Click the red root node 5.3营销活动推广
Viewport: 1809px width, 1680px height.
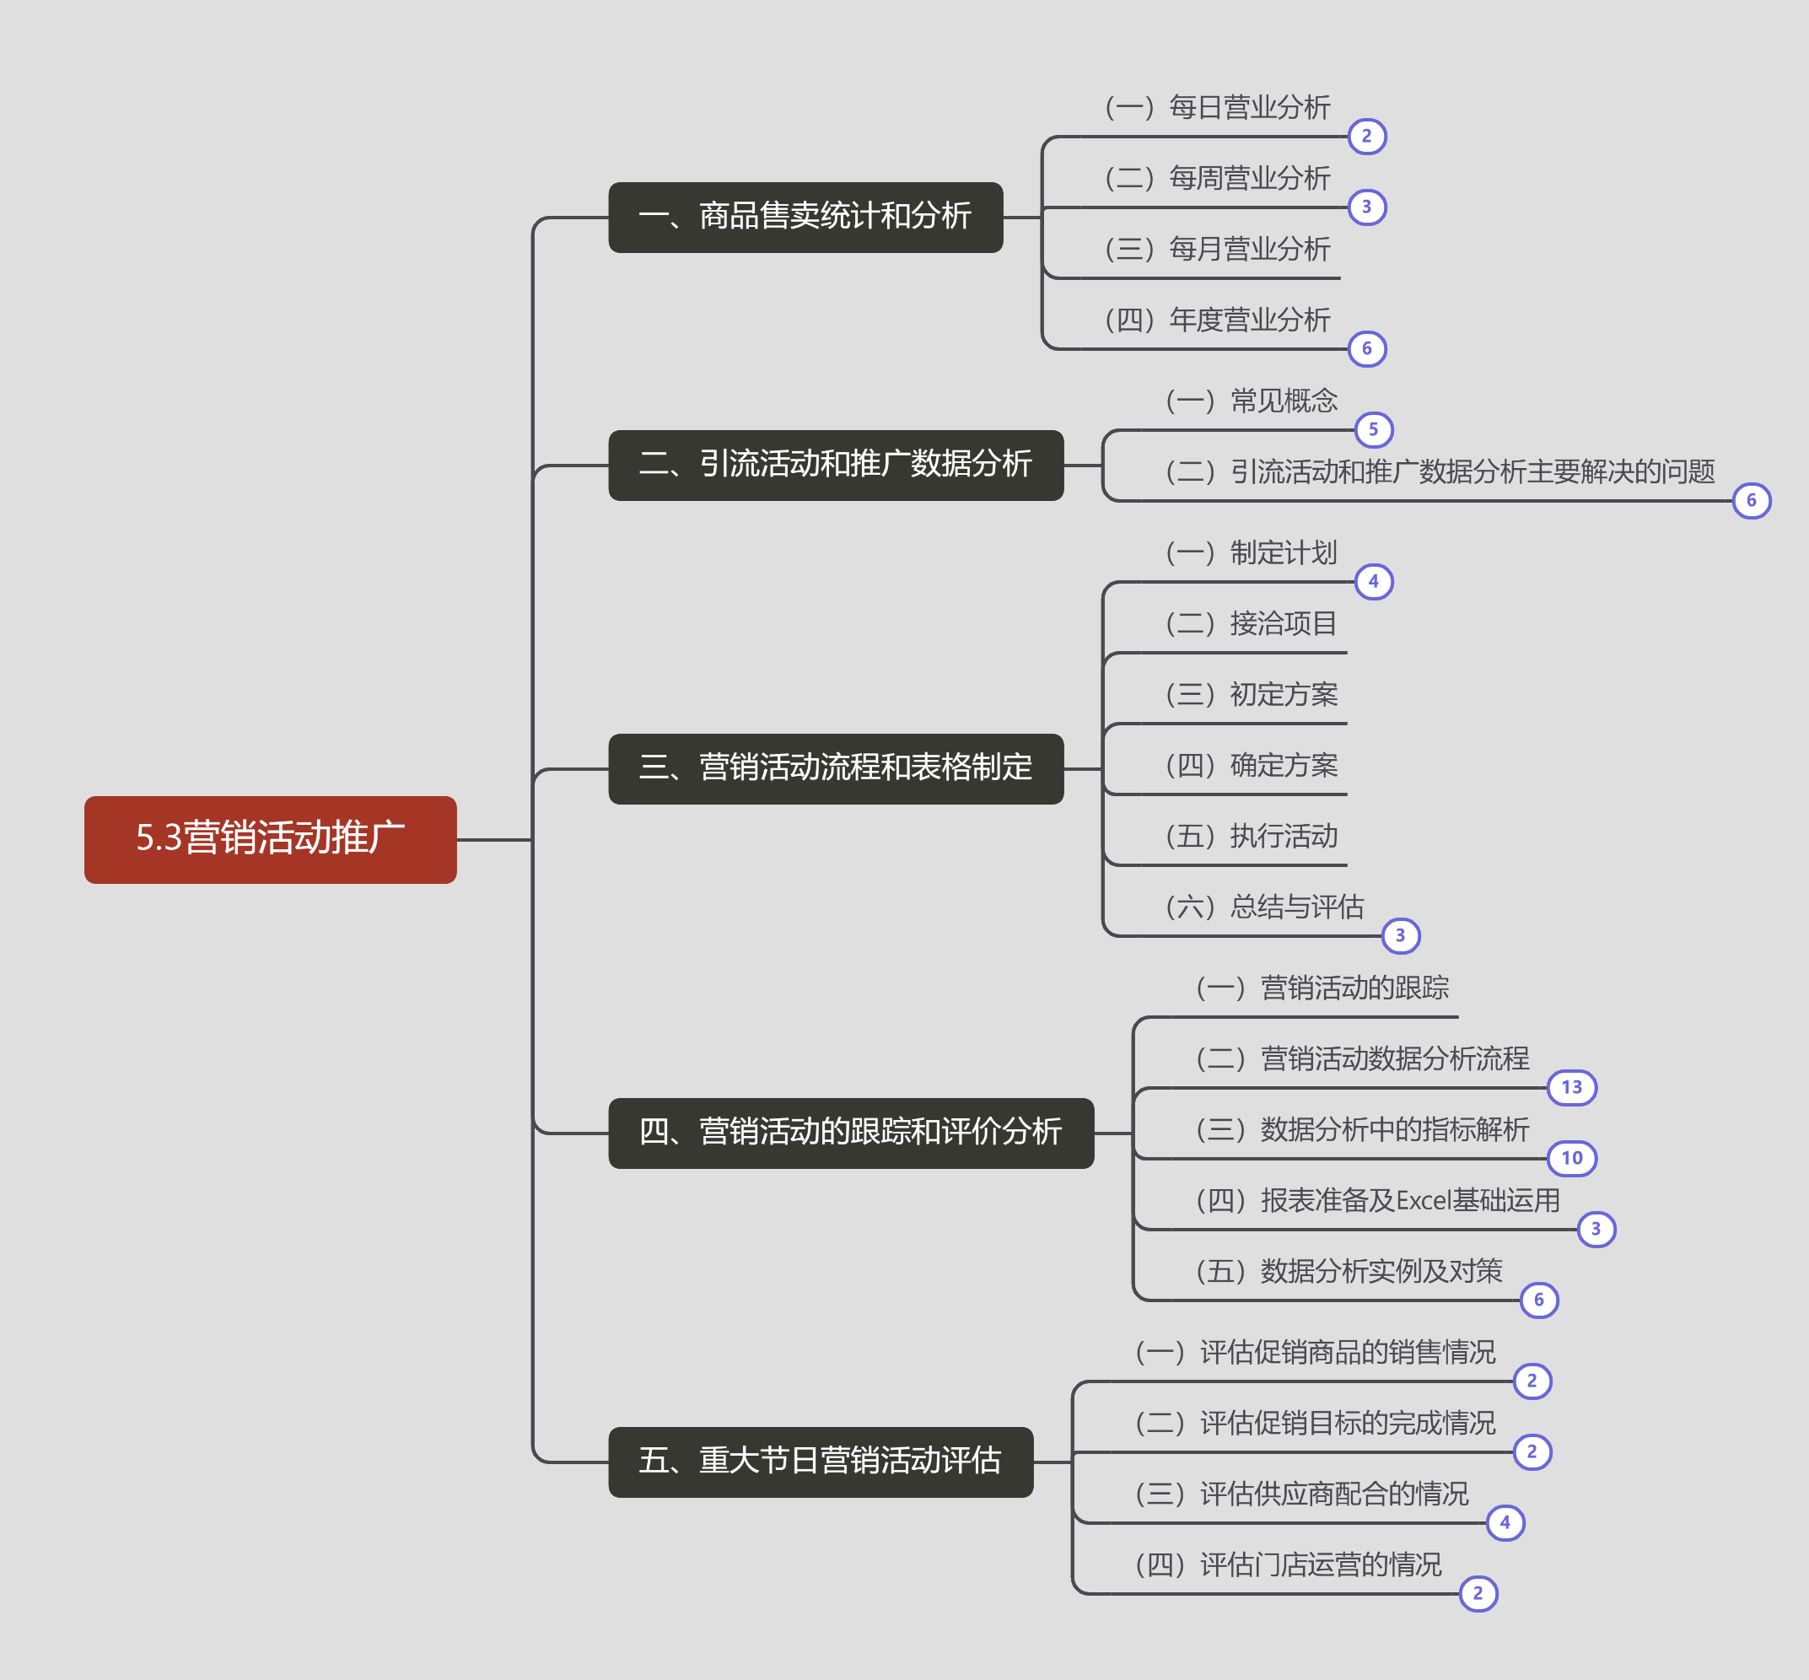270,839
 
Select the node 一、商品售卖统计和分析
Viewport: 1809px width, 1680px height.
805,218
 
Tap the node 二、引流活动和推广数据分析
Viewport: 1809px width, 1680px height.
836,465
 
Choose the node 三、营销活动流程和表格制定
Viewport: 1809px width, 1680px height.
836,768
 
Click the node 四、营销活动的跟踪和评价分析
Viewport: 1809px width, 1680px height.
851,1133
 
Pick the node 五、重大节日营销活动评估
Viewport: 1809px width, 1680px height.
820,1462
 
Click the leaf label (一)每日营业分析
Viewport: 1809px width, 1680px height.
1217,107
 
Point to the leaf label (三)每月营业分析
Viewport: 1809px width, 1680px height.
1217,249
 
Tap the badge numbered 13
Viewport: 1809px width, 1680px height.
1572,1087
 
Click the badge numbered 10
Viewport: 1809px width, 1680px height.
1572,1158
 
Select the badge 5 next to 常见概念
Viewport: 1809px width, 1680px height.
1374,429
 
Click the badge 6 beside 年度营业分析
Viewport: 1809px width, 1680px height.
1367,348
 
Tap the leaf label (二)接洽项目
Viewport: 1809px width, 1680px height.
1251,623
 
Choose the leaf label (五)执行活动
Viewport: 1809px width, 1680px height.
1251,837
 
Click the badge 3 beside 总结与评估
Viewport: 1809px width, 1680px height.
1401,935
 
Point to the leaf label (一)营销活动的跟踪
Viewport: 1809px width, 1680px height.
1322,988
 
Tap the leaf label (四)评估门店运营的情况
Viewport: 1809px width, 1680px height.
1288,1565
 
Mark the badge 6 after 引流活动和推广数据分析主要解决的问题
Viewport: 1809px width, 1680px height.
1752,500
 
